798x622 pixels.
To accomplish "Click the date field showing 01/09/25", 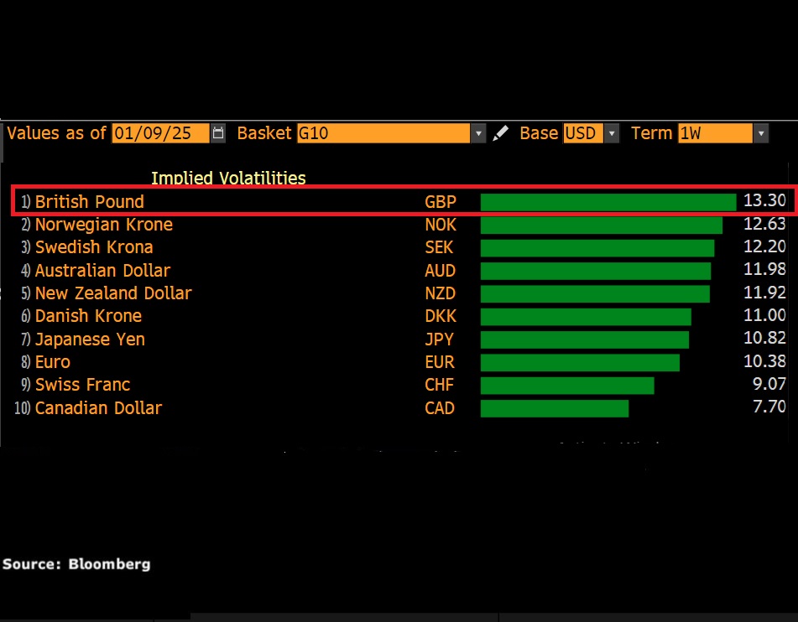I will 159,133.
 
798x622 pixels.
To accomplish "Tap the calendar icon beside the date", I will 219,133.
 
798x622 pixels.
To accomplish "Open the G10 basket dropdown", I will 478,133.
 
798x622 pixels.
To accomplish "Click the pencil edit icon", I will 501,133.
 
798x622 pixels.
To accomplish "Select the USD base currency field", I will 583,133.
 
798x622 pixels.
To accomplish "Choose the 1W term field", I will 715,133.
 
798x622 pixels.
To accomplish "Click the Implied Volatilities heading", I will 228,178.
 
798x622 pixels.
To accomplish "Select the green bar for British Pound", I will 608,202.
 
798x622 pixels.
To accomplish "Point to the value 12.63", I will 764,225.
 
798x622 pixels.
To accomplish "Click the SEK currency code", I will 440,247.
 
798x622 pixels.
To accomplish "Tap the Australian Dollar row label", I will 102,271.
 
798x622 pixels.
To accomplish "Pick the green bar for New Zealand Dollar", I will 595,293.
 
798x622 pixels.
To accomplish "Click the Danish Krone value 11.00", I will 764,316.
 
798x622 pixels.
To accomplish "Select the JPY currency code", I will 440,340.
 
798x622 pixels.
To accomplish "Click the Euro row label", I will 53,362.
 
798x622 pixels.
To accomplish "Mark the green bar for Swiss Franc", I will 567,385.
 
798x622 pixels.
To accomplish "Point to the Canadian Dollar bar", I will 555,408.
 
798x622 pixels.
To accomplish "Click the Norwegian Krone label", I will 104,225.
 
